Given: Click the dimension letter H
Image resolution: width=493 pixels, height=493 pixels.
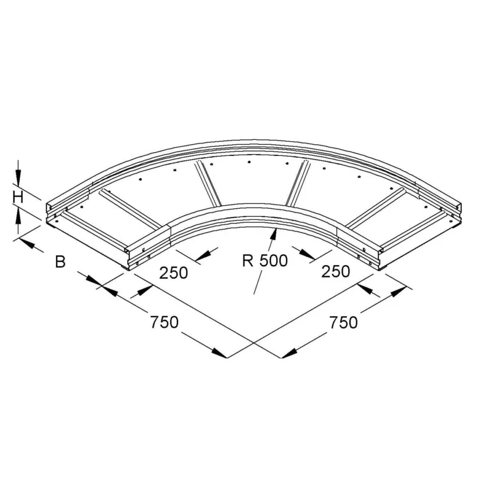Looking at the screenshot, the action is click(18, 197).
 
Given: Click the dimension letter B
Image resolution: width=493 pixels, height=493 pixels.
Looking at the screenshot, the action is click(60, 261).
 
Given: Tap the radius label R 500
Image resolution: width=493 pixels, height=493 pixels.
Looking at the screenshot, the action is click(265, 260).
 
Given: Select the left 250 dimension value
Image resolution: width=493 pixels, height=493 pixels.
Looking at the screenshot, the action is click(174, 272).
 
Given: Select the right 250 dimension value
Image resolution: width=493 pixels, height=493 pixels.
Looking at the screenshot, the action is click(335, 271).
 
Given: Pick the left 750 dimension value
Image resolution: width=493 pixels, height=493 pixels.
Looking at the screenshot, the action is click(164, 322).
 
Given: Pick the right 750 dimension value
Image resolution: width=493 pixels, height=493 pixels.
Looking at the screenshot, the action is click(343, 322).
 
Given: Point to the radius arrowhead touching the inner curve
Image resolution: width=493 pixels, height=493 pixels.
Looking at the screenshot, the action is click(274, 234).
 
